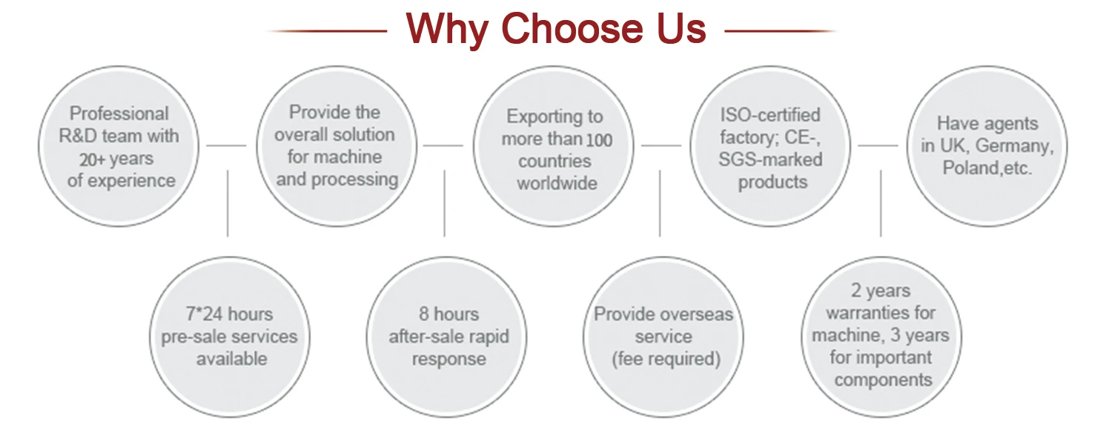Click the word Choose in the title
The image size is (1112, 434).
pyautogui.click(x=557, y=30)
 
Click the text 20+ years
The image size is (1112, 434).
pyautogui.click(x=116, y=159)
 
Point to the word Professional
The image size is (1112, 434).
pyautogui.click(x=119, y=114)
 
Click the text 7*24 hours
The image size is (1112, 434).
pyautogui.click(x=231, y=314)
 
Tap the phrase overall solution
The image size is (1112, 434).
pyautogui.click(x=334, y=135)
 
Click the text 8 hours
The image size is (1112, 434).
pyautogui.click(x=449, y=314)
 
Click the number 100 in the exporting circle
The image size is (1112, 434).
pyautogui.click(x=600, y=139)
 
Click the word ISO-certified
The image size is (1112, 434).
pyautogui.click(x=770, y=115)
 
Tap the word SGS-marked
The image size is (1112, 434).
pyautogui.click(x=771, y=160)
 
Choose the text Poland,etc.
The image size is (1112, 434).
pyautogui.click(x=987, y=168)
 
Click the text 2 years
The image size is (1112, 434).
pyautogui.click(x=881, y=291)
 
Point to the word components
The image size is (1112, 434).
pyautogui.click(x=883, y=380)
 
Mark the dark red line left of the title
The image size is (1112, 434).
pyautogui.click(x=326, y=31)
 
